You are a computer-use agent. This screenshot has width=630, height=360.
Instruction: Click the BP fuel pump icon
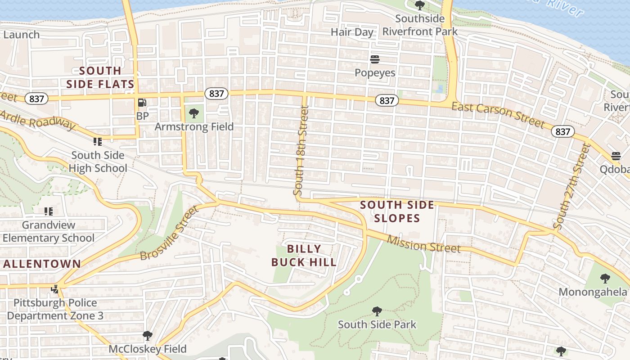[142, 103]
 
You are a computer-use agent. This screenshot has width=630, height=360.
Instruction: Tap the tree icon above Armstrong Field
[194, 113]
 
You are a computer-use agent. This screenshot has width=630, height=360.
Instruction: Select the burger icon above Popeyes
[374, 59]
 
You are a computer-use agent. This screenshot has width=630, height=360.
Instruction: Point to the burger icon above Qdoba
[616, 156]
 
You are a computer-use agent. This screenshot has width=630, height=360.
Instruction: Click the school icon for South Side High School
[98, 142]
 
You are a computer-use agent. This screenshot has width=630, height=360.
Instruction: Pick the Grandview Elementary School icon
[49, 211]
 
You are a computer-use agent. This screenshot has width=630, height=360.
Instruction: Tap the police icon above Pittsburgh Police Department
[55, 289]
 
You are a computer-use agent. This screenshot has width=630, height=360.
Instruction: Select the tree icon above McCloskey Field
[147, 336]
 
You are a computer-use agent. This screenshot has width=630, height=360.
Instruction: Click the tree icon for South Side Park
[377, 311]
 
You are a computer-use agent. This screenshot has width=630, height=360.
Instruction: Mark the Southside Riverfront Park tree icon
[420, 5]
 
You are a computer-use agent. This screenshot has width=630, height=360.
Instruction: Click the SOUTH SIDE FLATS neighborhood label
[100, 77]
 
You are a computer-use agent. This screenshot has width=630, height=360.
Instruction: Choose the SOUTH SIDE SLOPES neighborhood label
[397, 211]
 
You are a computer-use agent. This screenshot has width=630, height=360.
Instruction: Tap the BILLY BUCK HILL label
[304, 255]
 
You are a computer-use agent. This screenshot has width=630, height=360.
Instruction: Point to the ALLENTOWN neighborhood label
[42, 264]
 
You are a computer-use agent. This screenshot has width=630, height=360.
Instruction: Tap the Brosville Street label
[169, 233]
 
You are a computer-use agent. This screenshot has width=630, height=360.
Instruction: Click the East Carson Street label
[498, 114]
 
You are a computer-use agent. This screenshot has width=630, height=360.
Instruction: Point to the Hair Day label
[352, 32]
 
